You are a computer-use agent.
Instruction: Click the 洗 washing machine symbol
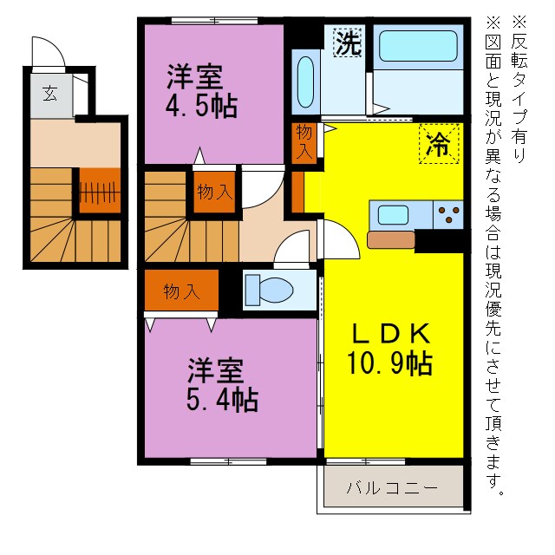[x=348, y=43]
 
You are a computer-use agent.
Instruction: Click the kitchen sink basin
[x=392, y=214]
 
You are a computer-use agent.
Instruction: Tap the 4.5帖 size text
[x=202, y=108]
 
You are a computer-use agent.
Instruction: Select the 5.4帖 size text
[x=222, y=400]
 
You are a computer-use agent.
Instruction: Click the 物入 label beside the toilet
[x=181, y=291]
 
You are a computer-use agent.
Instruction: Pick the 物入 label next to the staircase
[x=213, y=192]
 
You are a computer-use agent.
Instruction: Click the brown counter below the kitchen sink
[x=391, y=240]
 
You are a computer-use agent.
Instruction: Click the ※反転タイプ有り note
[x=519, y=87]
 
